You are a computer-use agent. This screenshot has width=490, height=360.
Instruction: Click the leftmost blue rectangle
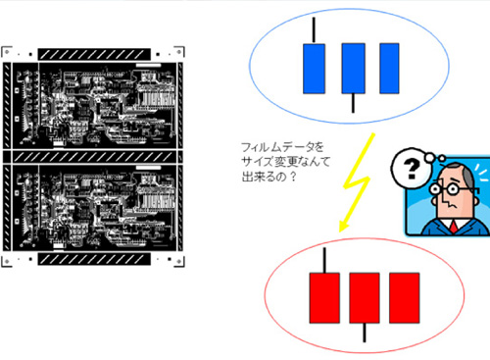[x=314, y=69]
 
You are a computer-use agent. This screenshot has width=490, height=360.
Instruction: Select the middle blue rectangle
[x=353, y=69]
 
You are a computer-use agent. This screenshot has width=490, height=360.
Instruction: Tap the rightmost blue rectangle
[x=389, y=69]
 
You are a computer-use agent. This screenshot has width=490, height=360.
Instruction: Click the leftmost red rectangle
[x=324, y=298]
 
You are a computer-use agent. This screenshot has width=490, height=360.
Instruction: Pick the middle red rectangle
[x=365, y=298]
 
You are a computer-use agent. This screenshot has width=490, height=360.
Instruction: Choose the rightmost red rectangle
[x=405, y=298]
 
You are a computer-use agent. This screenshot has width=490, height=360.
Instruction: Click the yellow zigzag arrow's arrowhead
[x=344, y=226]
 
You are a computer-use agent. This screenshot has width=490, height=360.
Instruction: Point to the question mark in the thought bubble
[x=412, y=169]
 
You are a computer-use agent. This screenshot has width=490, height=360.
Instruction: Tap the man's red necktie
[x=454, y=227]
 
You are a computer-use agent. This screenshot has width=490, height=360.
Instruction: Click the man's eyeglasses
[x=449, y=188]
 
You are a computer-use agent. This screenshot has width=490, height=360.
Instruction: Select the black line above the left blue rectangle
[x=314, y=30]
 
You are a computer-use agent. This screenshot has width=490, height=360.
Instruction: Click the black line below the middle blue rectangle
[x=353, y=103]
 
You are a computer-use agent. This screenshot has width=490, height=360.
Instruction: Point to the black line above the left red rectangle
[x=324, y=260]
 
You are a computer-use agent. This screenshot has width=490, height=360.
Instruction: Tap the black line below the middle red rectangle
[x=365, y=333]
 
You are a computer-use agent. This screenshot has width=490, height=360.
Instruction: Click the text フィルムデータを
[x=282, y=147]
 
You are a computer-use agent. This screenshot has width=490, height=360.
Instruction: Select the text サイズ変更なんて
[x=286, y=162]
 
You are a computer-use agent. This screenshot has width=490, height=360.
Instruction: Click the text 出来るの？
[x=269, y=177]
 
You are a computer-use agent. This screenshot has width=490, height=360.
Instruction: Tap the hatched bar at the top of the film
[x=94, y=54]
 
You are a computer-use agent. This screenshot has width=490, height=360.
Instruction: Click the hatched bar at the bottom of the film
[x=94, y=259]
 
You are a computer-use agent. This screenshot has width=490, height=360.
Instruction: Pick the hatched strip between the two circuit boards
[x=93, y=157]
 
